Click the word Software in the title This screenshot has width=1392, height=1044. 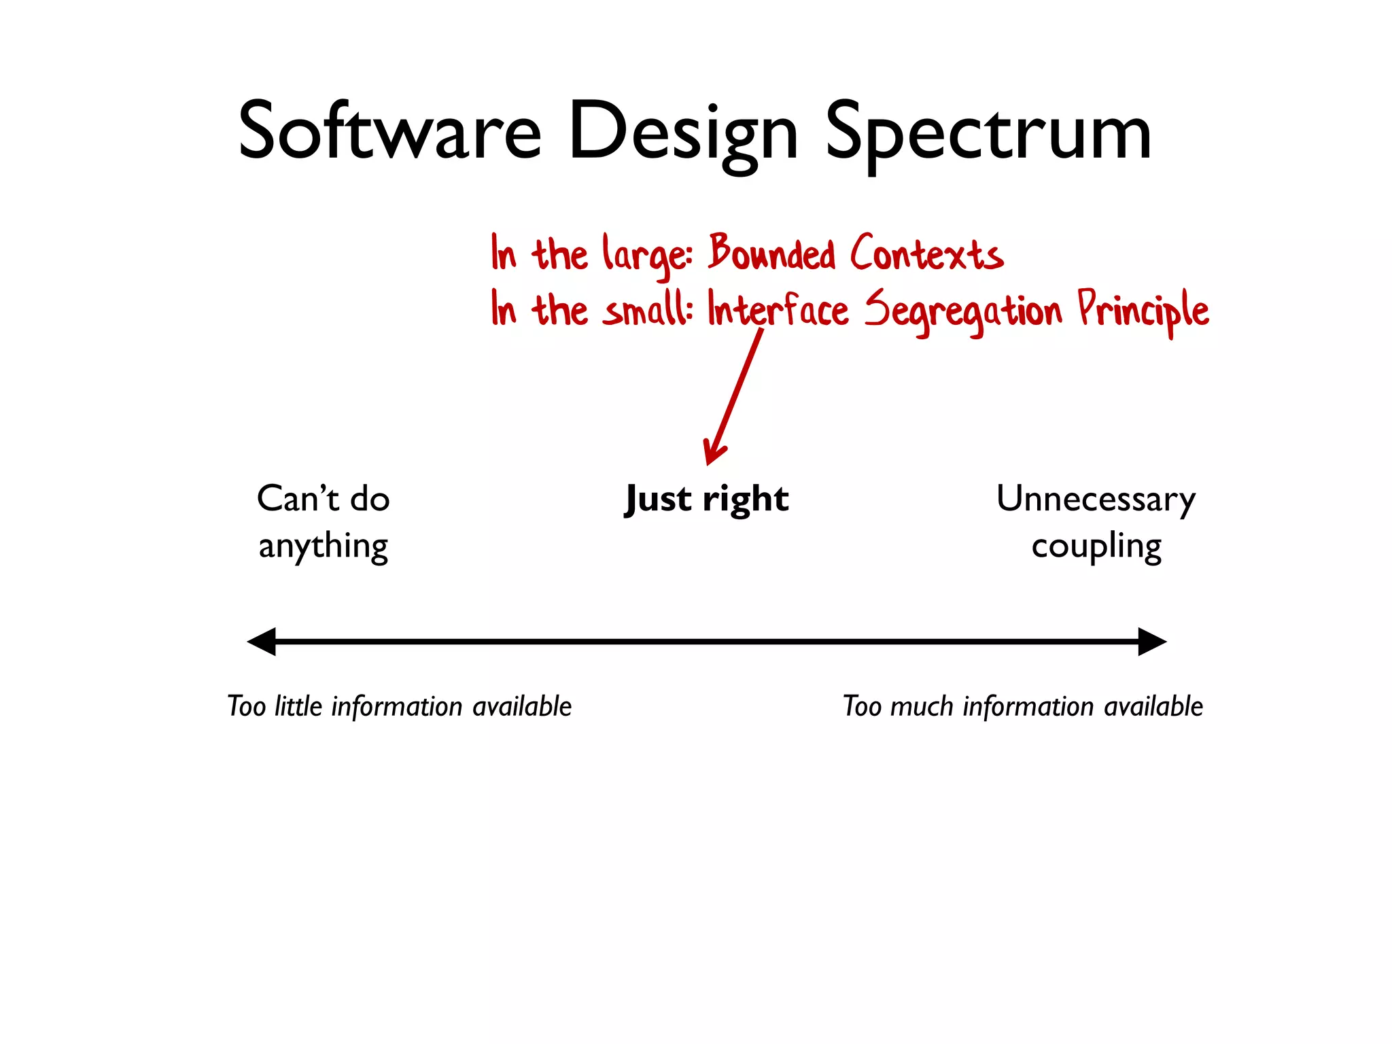[x=389, y=130]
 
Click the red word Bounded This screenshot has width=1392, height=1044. [x=771, y=253]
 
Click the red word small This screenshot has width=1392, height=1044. [x=646, y=310]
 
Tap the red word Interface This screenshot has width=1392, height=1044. [x=778, y=310]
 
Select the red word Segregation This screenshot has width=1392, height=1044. [x=962, y=311]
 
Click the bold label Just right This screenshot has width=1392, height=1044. [x=707, y=500]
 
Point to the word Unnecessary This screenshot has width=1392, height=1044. [x=1096, y=500]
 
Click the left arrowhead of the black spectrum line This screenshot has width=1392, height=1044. [x=262, y=642]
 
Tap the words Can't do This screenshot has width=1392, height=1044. [x=323, y=499]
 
